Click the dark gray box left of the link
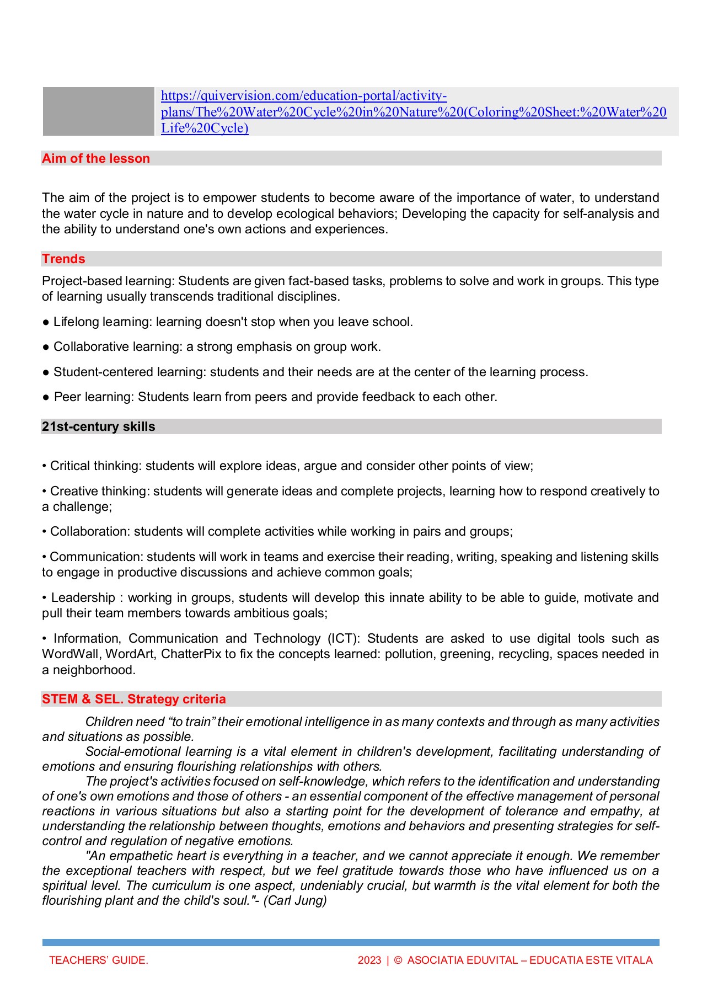point(98,111)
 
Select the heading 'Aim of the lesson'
point(96,159)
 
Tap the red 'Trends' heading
point(63,259)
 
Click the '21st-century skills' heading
point(98,427)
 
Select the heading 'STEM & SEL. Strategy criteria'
point(133,700)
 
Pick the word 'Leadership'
point(83,598)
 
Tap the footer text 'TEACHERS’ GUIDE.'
point(98,960)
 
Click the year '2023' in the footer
point(369,960)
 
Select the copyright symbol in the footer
point(398,960)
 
